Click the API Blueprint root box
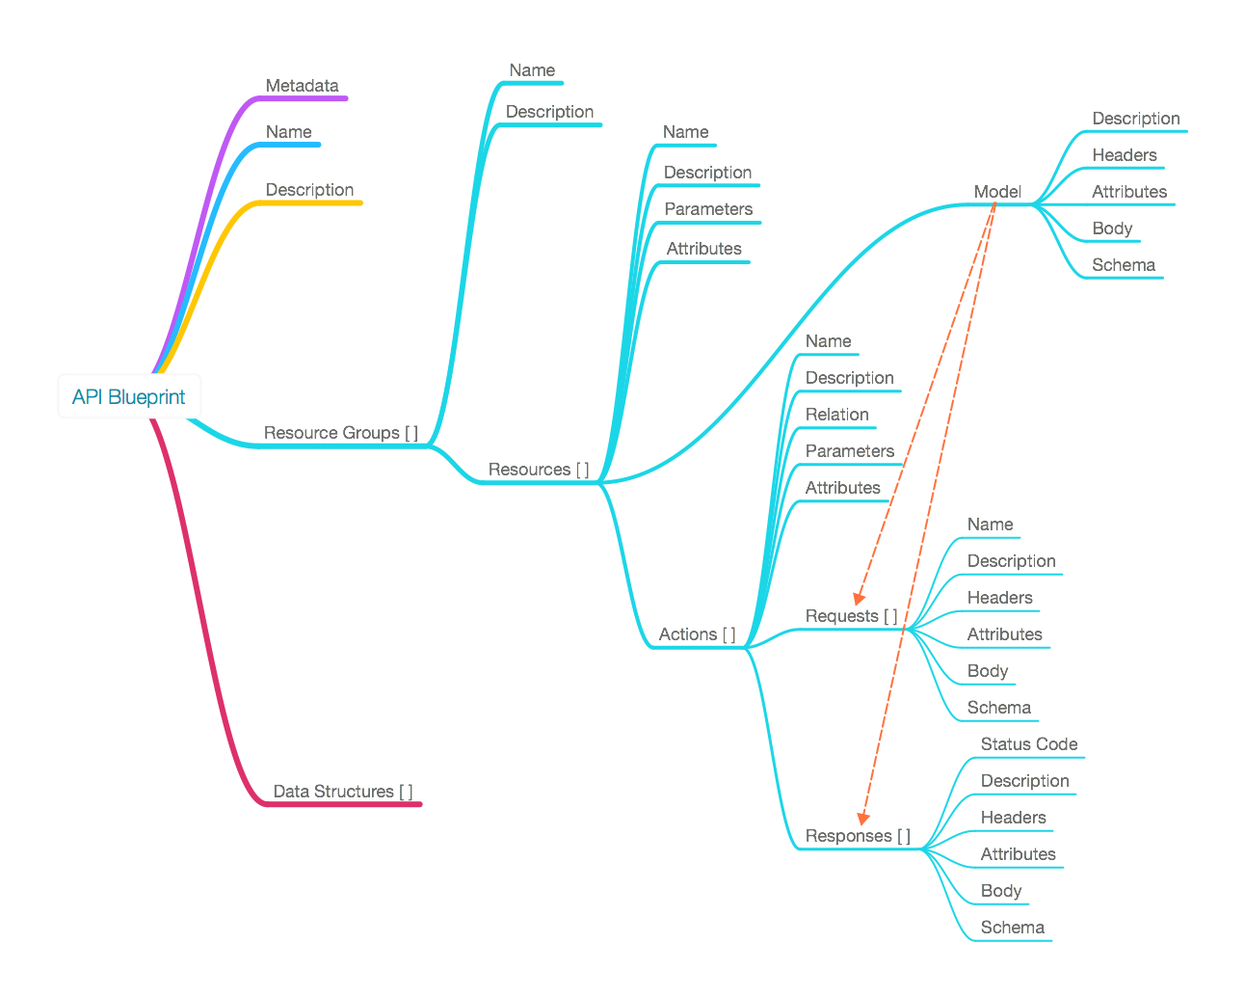click(x=129, y=396)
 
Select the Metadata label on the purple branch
click(x=302, y=85)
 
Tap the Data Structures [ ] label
click(x=342, y=791)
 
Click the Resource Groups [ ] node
click(x=341, y=432)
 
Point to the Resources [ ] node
click(x=539, y=469)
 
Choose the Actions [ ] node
click(x=697, y=633)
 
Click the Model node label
click(x=996, y=191)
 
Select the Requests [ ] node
click(x=851, y=615)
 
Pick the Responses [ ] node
click(x=858, y=835)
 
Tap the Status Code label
click(x=1028, y=743)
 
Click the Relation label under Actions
click(x=837, y=414)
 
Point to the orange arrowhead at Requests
click(x=859, y=599)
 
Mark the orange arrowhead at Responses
click(x=863, y=819)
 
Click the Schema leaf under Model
click(x=1123, y=264)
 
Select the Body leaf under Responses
click(x=1000, y=890)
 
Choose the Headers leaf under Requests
click(x=999, y=597)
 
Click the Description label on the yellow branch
click(x=309, y=189)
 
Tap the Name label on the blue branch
click(x=289, y=131)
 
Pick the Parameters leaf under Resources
click(x=708, y=208)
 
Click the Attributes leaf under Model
click(x=1128, y=191)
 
